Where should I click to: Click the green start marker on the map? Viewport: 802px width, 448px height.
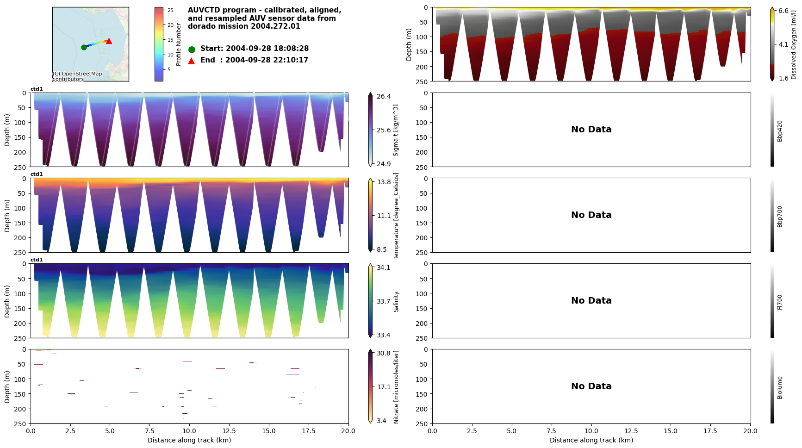(84, 47)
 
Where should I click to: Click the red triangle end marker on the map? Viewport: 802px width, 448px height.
(109, 41)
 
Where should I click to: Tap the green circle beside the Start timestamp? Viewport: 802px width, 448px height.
(192, 49)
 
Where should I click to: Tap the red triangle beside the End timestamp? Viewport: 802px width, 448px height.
(192, 61)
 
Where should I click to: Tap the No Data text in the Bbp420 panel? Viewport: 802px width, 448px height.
(591, 130)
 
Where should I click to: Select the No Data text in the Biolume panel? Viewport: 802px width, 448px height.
(591, 386)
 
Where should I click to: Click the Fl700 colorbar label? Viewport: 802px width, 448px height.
(780, 302)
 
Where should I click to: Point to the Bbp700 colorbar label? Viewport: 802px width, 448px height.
(780, 216)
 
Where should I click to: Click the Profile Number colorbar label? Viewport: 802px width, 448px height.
(179, 44)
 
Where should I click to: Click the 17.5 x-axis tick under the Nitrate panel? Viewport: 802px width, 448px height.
(308, 431)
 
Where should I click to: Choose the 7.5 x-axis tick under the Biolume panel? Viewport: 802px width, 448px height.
(551, 431)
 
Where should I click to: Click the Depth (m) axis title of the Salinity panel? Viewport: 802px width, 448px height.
(7, 301)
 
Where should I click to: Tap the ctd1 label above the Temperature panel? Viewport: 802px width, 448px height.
(37, 174)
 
